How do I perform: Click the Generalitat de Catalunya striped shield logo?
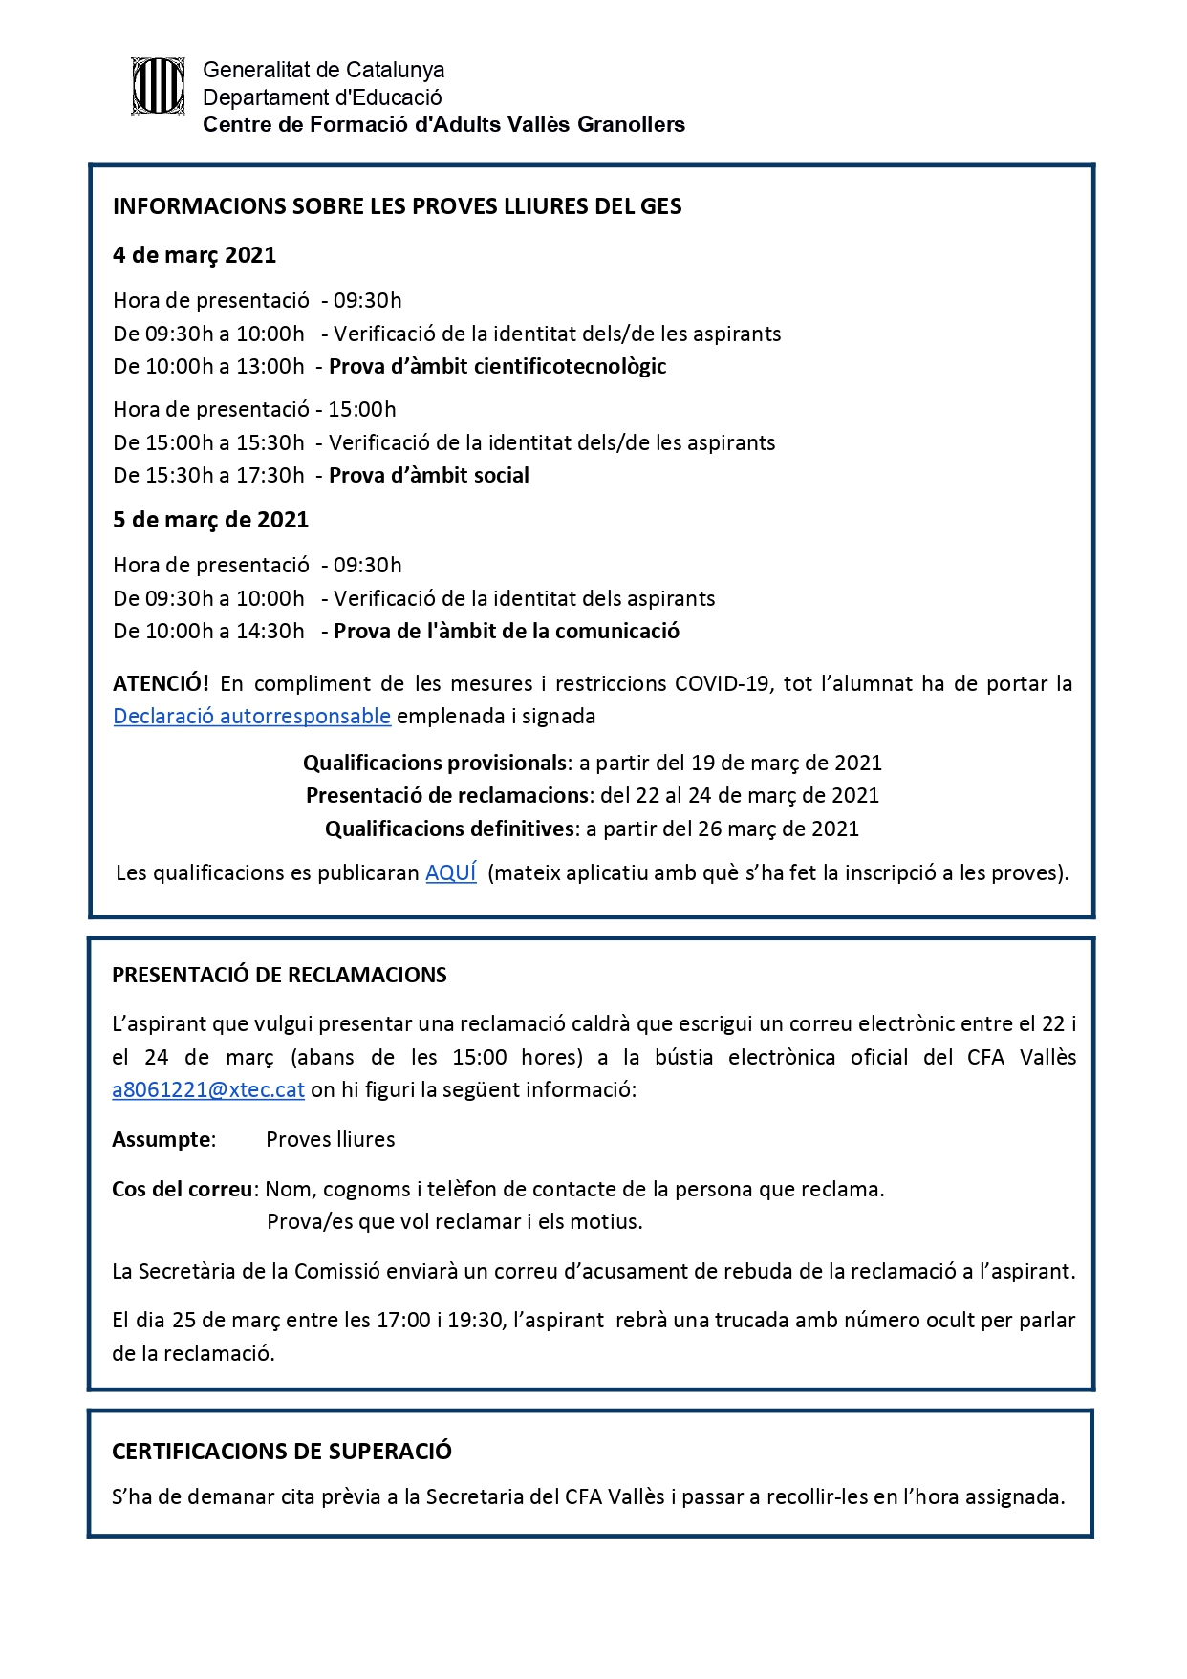[x=158, y=87]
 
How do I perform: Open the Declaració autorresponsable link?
[x=251, y=716]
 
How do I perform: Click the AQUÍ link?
[x=450, y=872]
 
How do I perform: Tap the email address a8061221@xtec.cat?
[x=208, y=1089]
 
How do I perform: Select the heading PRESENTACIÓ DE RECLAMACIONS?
[x=279, y=975]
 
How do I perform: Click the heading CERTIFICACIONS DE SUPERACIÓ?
[x=282, y=1451]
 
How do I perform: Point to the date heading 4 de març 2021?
[x=194, y=255]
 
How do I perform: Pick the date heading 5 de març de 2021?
[x=210, y=520]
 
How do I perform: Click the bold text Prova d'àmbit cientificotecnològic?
[x=497, y=366]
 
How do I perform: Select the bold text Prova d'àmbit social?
[x=428, y=475]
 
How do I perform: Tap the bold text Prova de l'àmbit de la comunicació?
[x=507, y=631]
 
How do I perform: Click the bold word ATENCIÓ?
[x=161, y=683]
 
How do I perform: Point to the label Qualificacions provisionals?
[x=435, y=763]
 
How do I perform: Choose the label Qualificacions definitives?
[x=450, y=829]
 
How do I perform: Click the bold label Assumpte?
[x=163, y=1139]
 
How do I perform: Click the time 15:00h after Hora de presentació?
[x=362, y=409]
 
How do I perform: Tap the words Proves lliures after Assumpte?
[x=330, y=1139]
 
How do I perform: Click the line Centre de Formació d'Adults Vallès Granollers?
[x=443, y=124]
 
